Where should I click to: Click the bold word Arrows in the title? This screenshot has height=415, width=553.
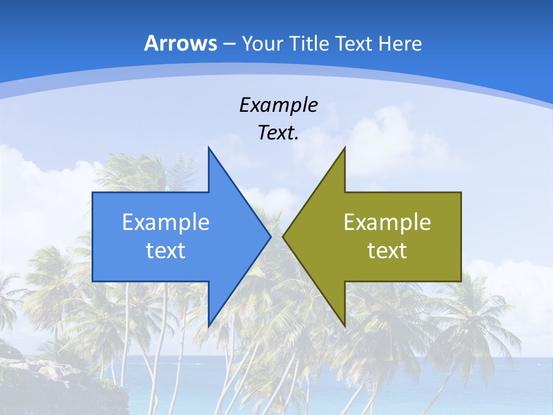181,43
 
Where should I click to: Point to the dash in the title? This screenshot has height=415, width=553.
229,44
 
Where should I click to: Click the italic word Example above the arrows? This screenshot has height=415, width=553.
278,105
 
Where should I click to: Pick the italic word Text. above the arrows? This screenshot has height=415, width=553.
278,133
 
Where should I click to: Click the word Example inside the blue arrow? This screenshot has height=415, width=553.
166,222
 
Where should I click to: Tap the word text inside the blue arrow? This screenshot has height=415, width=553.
166,250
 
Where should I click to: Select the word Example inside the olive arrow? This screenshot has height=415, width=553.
387,222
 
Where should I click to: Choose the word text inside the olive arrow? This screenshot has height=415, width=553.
387,250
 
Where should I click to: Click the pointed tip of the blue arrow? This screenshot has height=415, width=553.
270,236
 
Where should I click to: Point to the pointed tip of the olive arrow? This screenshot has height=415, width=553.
283,236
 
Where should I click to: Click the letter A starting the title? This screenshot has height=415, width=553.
151,43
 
